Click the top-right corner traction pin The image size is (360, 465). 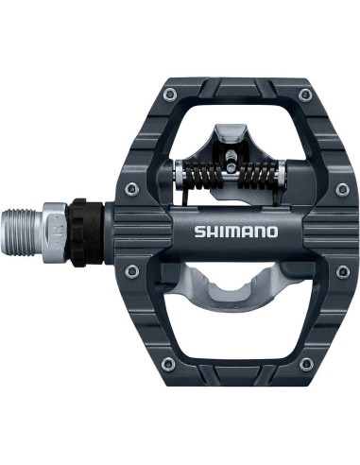click(303, 94)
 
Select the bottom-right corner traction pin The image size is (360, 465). click(302, 365)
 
